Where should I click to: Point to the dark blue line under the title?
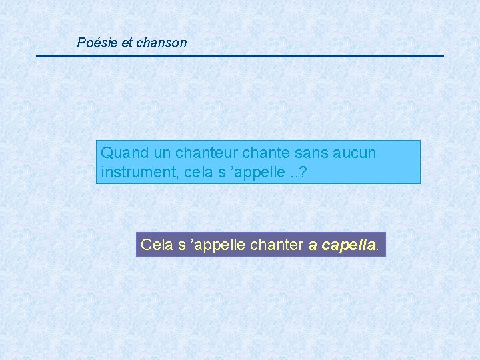click(240, 56)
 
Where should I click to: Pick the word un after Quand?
click(153, 153)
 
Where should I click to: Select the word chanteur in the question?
click(193, 153)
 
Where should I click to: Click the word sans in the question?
click(291, 153)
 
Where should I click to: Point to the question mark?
click(303, 172)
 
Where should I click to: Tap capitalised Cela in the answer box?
click(155, 245)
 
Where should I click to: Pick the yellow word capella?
click(348, 245)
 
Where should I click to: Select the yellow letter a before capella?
click(313, 245)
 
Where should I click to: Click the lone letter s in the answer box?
click(181, 245)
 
